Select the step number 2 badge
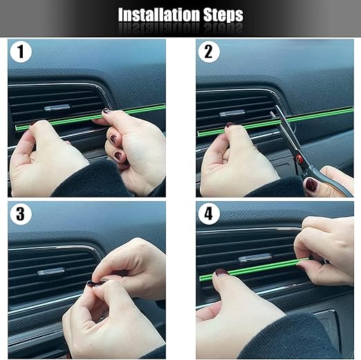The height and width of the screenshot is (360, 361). tap(209, 52)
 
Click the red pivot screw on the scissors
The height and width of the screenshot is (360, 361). tap(299, 159)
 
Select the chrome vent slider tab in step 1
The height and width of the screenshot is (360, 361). tap(57, 107)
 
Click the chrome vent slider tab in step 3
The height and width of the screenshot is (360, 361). tap(52, 272)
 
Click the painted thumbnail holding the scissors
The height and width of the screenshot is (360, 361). tap(312, 184)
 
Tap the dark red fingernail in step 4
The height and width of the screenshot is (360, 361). tap(221, 273)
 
